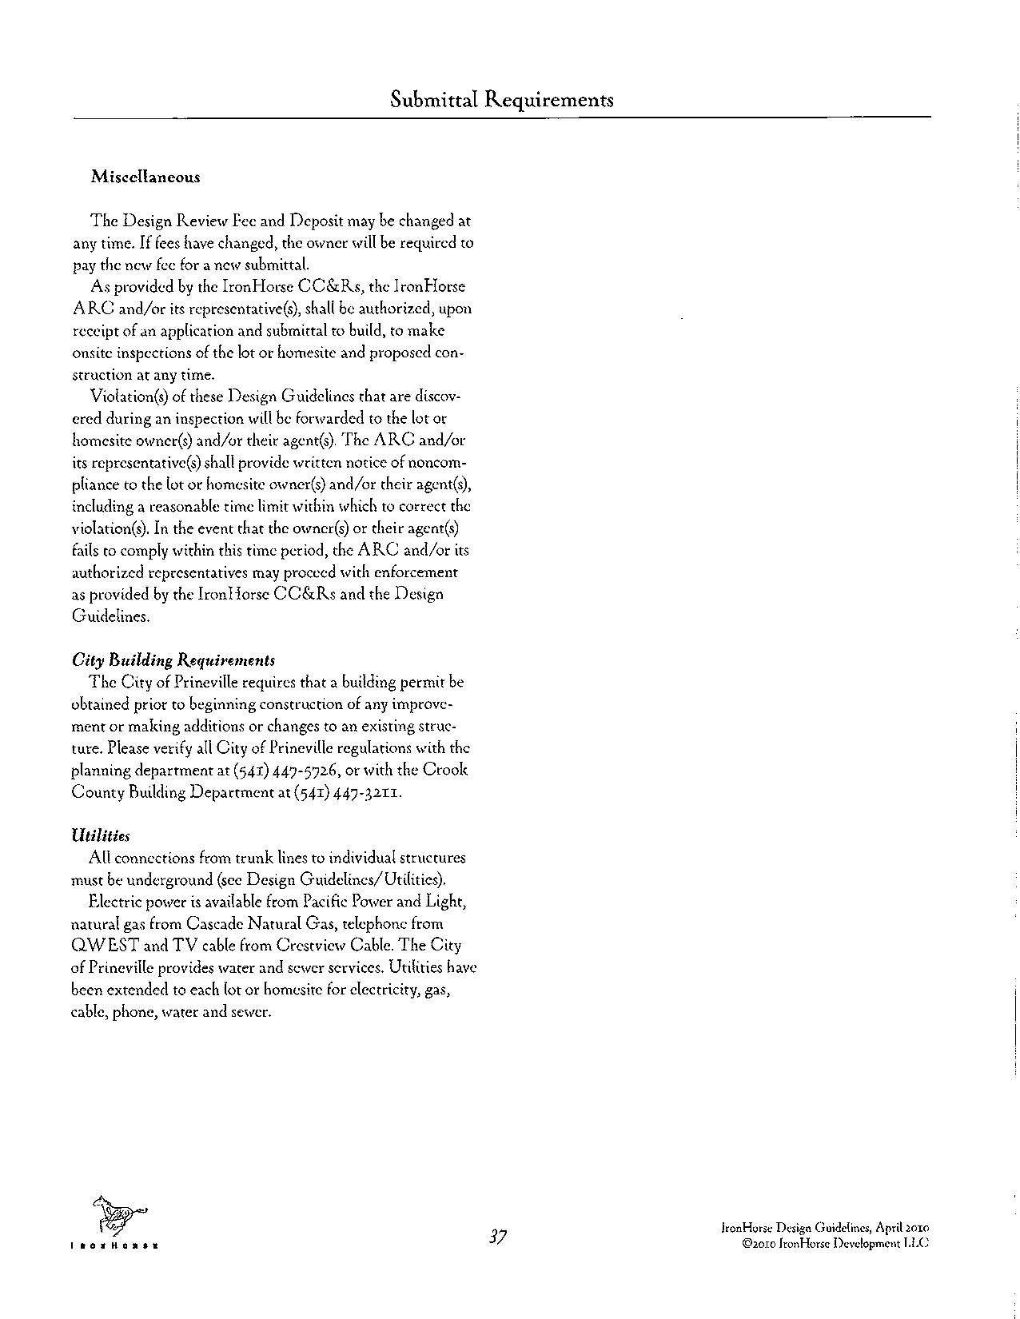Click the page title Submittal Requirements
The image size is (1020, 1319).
pyautogui.click(x=502, y=100)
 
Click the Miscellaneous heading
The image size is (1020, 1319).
pyautogui.click(x=145, y=177)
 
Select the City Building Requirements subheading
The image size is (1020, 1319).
pyautogui.click(x=173, y=660)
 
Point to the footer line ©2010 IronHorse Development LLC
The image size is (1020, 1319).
pyautogui.click(x=835, y=1243)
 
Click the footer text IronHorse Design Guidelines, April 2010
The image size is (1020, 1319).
pyautogui.click(x=824, y=1227)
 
